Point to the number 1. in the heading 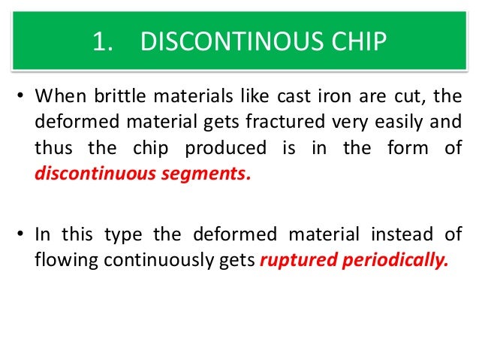coord(103,42)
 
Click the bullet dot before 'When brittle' coord(22,98)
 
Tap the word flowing coord(65,259)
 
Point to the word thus coord(51,148)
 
